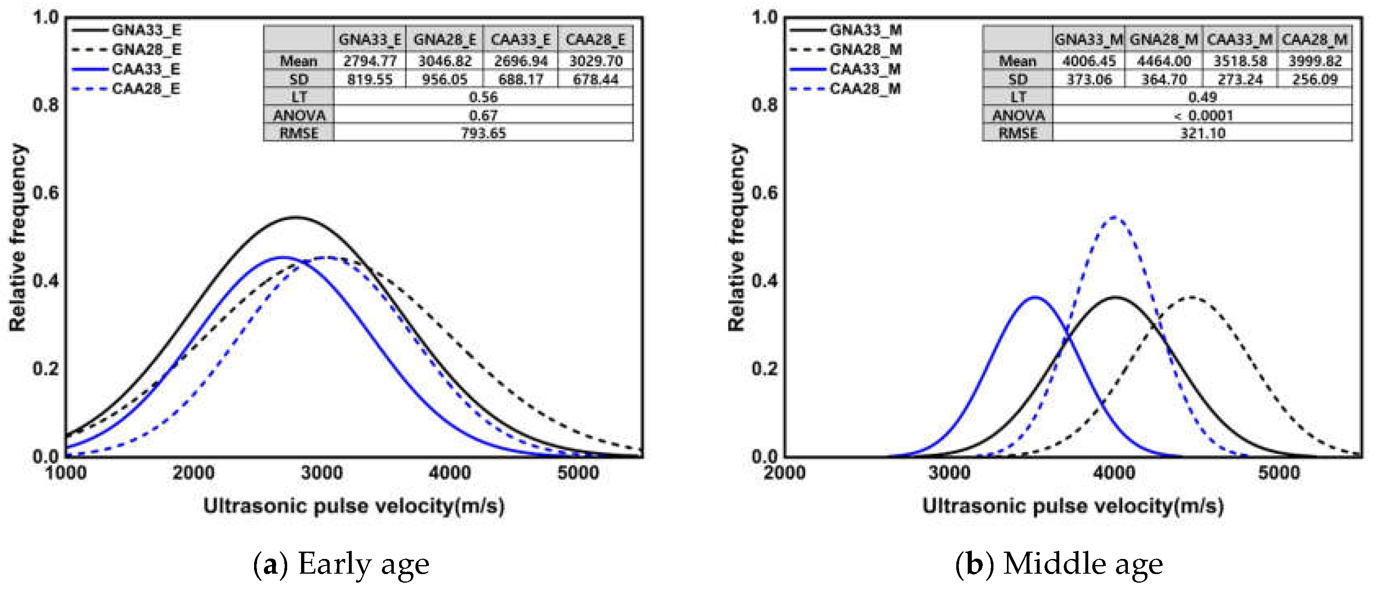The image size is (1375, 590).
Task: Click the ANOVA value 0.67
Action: (x=483, y=115)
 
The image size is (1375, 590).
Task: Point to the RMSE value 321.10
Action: (x=1202, y=134)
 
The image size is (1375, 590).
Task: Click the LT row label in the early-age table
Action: (x=299, y=97)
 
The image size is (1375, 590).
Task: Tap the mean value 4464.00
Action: (x=1164, y=61)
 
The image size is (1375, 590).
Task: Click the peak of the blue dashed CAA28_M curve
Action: (x=1114, y=217)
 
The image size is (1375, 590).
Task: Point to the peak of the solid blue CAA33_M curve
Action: (x=1036, y=297)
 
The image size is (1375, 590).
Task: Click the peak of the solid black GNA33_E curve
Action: (x=296, y=217)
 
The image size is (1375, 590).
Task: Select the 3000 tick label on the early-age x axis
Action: (x=321, y=473)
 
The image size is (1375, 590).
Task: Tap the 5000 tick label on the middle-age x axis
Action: (x=1279, y=473)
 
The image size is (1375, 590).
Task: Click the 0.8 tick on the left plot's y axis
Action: (x=45, y=105)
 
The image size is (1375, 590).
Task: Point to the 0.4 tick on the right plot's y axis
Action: (x=764, y=281)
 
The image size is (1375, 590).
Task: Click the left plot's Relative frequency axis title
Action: (x=17, y=237)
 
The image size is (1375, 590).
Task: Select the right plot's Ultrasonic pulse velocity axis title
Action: (x=1073, y=506)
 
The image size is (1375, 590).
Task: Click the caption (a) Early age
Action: (x=342, y=564)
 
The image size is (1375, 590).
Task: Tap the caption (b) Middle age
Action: (x=1060, y=564)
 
